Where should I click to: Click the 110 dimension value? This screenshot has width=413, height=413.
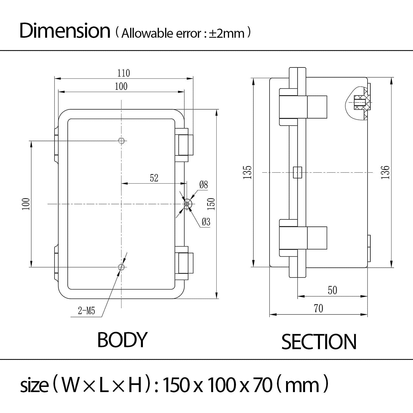click(x=124, y=73)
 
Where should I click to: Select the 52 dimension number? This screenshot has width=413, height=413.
click(x=154, y=178)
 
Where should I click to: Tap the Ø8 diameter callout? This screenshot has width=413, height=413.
click(x=203, y=185)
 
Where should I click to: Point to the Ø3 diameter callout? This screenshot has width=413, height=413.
click(x=206, y=222)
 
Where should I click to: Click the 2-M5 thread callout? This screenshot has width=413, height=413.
click(x=86, y=311)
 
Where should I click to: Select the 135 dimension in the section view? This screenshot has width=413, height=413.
click(x=248, y=173)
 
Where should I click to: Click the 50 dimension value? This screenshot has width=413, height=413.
click(x=332, y=290)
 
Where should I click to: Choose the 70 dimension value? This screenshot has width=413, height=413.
click(x=318, y=309)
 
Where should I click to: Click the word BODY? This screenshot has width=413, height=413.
click(x=122, y=340)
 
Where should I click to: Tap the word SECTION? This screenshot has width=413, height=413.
click(x=319, y=342)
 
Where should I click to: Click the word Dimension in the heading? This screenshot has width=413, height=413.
click(x=65, y=31)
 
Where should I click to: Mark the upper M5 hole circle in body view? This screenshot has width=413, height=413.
click(x=121, y=141)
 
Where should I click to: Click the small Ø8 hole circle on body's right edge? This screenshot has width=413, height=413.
click(x=187, y=204)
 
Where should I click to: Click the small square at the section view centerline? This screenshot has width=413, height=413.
click(x=297, y=173)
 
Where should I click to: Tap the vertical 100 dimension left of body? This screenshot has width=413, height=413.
click(x=26, y=204)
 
